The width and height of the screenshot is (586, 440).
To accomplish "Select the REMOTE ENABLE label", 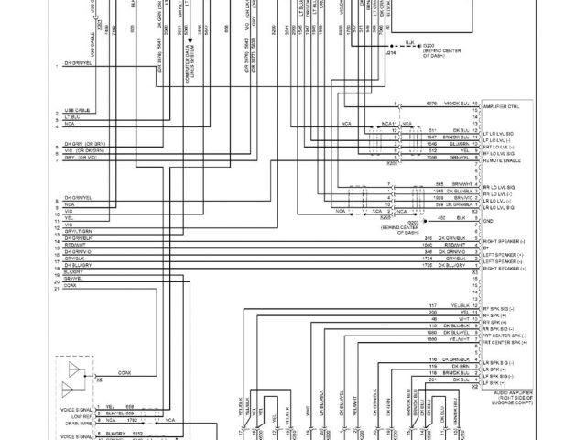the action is (503, 159).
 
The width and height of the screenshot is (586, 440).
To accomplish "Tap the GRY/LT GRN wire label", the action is (77, 231).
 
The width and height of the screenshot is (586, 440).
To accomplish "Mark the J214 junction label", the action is (391, 53).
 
